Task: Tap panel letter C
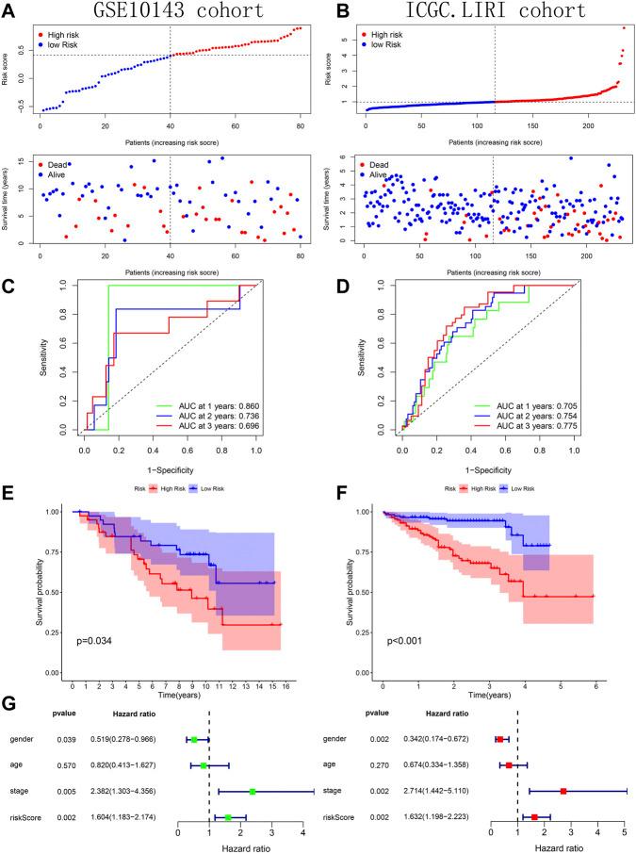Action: coord(9,281)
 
